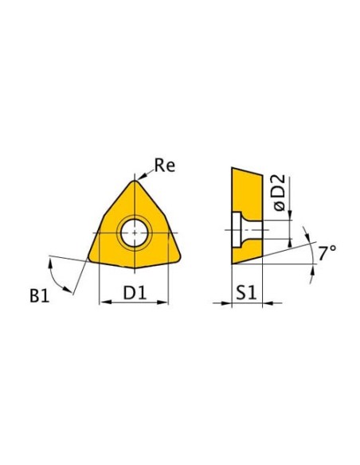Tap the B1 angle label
(x=39, y=295)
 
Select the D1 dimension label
(x=135, y=293)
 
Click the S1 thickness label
(x=246, y=293)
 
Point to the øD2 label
(x=280, y=193)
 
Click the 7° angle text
(x=327, y=253)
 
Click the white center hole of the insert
(x=135, y=232)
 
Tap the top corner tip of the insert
(x=135, y=181)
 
